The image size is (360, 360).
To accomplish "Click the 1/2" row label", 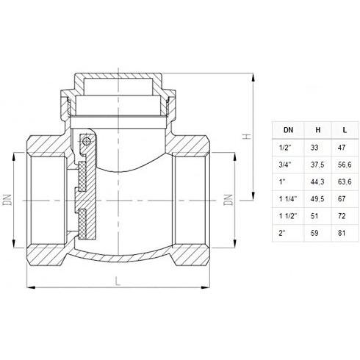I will (x=286, y=148).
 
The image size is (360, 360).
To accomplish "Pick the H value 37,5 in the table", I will (x=317, y=165).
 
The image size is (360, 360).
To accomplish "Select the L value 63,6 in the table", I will (x=345, y=181).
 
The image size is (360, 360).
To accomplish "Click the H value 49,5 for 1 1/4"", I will (x=317, y=198).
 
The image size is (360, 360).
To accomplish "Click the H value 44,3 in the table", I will (x=317, y=181).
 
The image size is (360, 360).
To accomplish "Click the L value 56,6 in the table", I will (x=345, y=165).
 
